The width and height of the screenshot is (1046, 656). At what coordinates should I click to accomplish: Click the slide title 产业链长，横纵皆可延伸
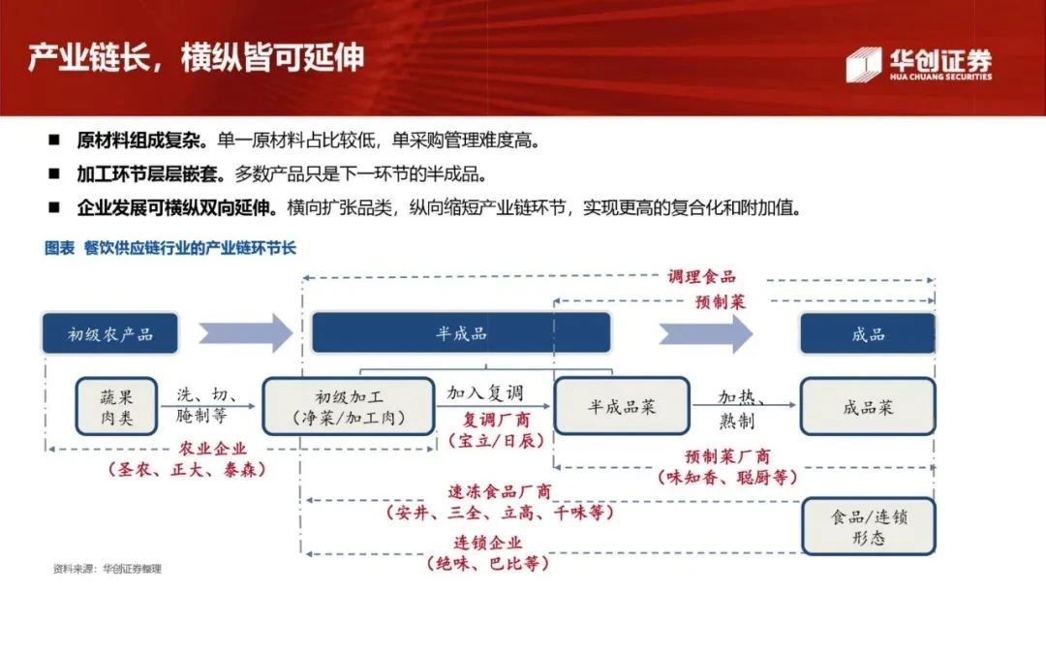195,57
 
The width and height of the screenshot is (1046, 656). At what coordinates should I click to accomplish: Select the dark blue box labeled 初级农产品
110,334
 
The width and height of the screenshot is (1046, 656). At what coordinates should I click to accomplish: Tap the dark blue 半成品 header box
460,333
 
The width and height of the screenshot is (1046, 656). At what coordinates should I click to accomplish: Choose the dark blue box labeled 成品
867,334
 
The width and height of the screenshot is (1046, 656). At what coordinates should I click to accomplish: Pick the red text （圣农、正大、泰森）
187,470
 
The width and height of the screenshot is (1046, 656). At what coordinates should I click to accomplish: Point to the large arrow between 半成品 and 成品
706,333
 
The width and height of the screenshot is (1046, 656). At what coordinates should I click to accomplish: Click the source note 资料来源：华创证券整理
107,569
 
